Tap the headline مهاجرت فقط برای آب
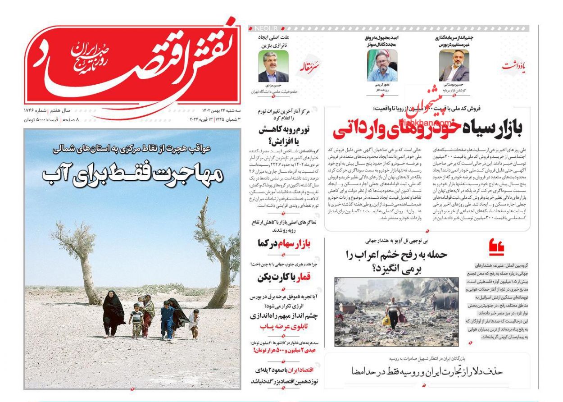133,173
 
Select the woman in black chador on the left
113,313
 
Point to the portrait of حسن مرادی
273,66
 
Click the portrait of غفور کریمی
379,66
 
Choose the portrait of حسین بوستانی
454,66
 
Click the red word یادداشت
513,67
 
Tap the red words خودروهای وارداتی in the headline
396,128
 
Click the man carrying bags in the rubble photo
392,312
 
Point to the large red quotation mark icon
496,247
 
